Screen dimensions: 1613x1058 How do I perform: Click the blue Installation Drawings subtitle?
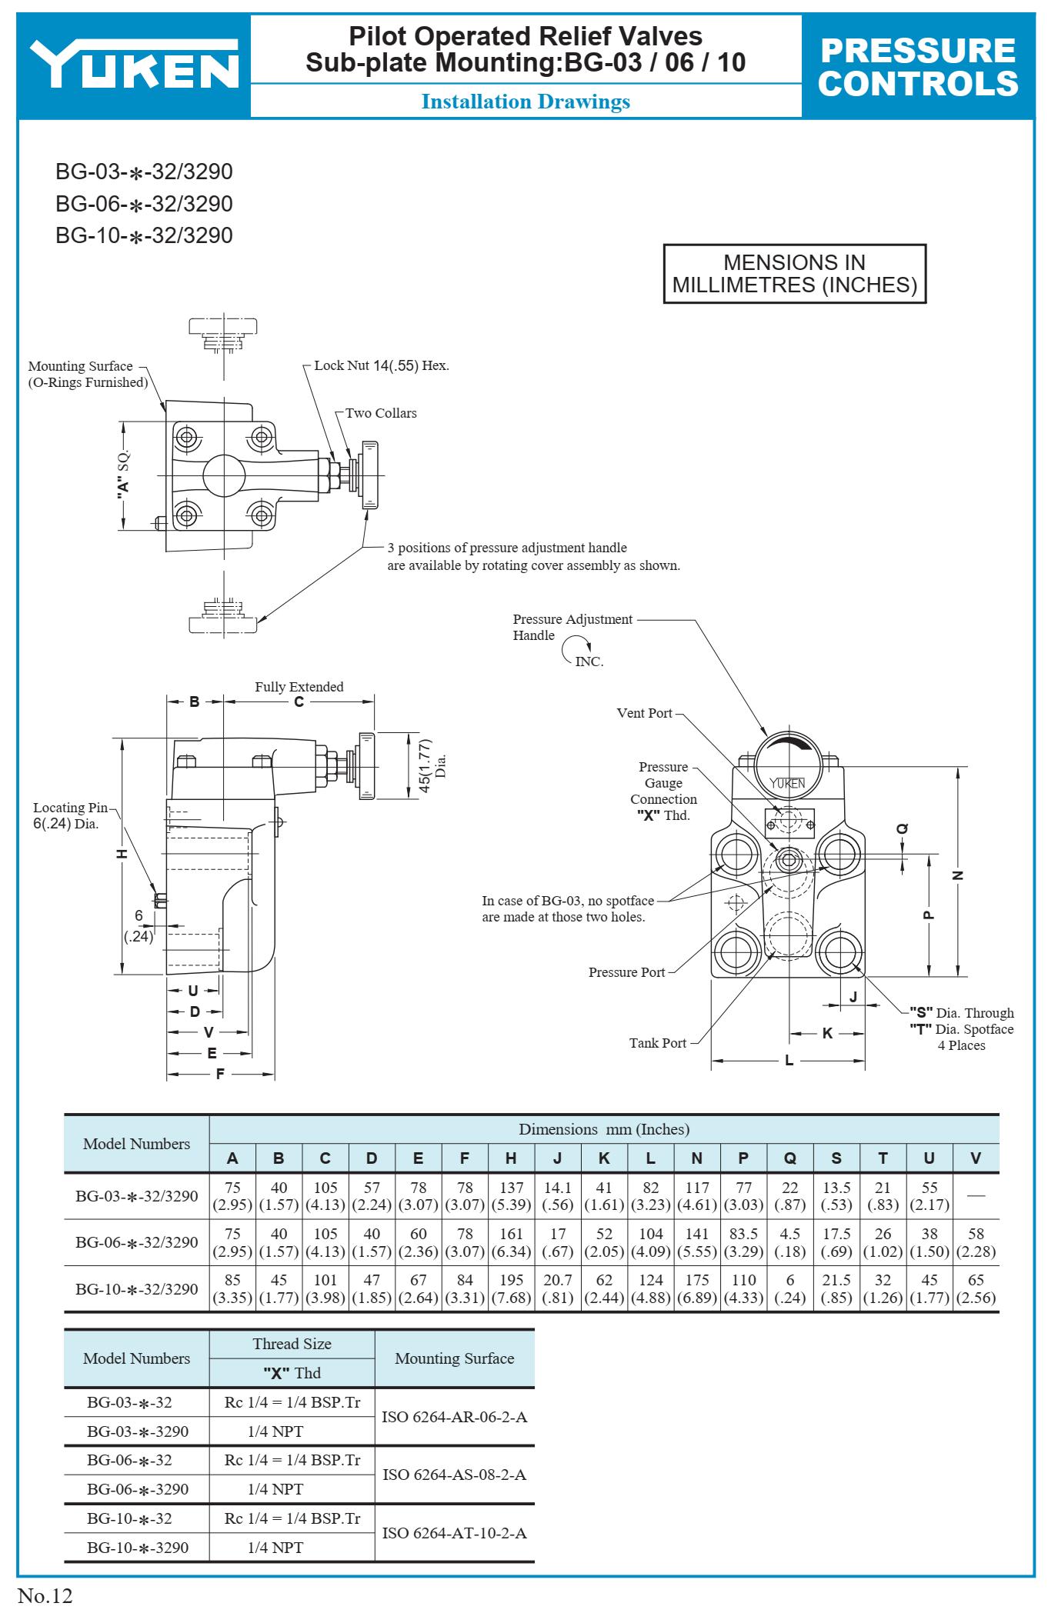pyautogui.click(x=526, y=102)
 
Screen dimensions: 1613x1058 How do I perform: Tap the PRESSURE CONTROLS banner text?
pyautogui.click(x=918, y=67)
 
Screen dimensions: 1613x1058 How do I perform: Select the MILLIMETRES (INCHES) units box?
pyautogui.click(x=794, y=275)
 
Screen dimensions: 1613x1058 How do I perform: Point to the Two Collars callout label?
pyautogui.click(x=381, y=413)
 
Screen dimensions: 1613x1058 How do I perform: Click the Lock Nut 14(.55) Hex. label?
pyautogui.click(x=381, y=365)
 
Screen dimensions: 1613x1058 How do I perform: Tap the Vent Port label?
pyautogui.click(x=644, y=713)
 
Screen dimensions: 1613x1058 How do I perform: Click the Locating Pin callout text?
pyautogui.click(x=71, y=815)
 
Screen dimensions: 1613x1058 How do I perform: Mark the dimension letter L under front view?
pyautogui.click(x=789, y=1061)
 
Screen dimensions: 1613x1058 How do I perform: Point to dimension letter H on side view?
pyautogui.click(x=122, y=855)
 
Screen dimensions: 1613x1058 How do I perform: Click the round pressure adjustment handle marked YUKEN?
pyautogui.click(x=787, y=770)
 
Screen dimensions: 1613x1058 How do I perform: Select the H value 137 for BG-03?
pyautogui.click(x=511, y=1188)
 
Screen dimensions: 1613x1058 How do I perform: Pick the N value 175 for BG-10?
pyautogui.click(x=696, y=1281)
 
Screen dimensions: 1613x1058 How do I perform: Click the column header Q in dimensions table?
pyautogui.click(x=789, y=1158)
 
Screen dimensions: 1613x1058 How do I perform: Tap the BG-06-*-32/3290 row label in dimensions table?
pyautogui.click(x=136, y=1242)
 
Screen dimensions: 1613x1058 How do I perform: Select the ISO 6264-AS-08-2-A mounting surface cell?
pyautogui.click(x=454, y=1475)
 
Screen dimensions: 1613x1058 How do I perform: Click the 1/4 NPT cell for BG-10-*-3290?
pyautogui.click(x=275, y=1547)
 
